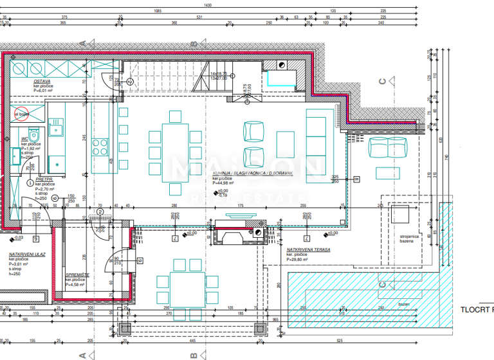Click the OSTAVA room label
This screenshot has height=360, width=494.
click(43, 82)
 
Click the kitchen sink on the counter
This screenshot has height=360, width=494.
click(55, 127)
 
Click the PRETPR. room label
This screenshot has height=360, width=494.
click(43, 179)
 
